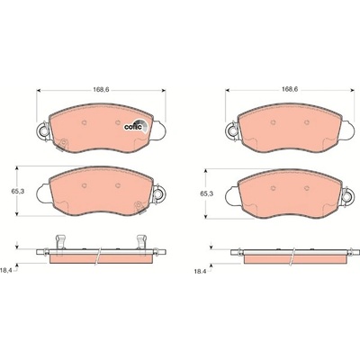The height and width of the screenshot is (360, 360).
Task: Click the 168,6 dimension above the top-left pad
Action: coord(101,89)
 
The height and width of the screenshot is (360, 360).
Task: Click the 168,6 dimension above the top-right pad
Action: coord(289,89)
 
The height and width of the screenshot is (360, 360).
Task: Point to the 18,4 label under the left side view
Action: coord(6,271)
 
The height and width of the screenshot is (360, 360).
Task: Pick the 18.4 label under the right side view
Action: coord(200,271)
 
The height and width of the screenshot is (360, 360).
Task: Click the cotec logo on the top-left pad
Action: coord(136,126)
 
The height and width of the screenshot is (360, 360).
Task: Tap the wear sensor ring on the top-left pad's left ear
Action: coord(42,130)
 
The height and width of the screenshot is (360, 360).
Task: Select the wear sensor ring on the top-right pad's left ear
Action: coord(231,130)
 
